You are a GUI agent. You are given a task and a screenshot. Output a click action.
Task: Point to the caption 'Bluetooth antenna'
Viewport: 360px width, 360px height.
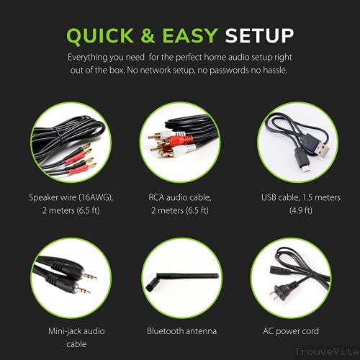click(179, 331)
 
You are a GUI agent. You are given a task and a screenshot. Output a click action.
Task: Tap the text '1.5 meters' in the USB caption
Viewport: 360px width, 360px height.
click(317, 197)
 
